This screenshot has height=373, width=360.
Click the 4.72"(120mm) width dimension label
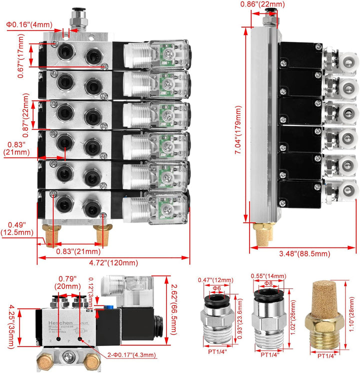[x=113, y=263]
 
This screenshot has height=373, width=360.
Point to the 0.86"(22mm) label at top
[x=262, y=4]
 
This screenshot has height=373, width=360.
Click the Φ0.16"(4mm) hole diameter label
[x=28, y=24]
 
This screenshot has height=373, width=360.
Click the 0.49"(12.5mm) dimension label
[x=17, y=228]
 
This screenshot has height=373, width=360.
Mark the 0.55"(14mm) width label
[x=269, y=276]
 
